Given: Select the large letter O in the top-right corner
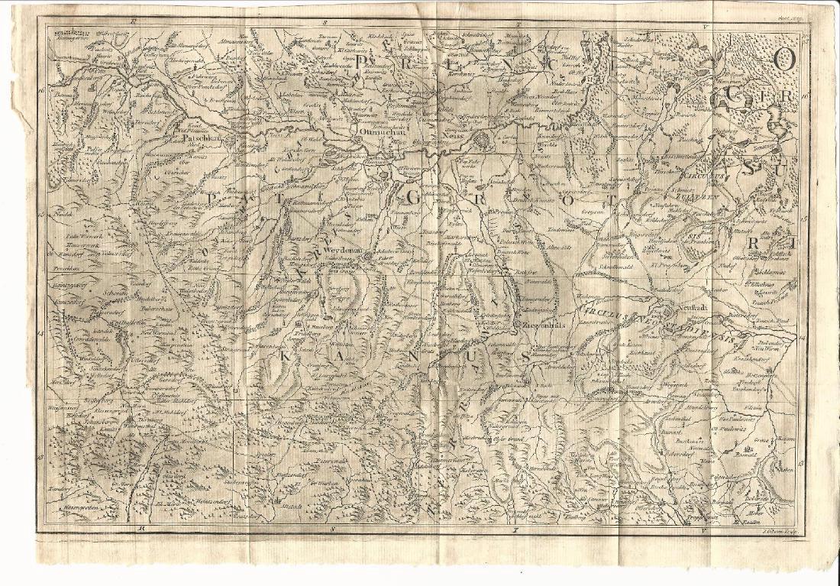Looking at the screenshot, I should [783, 60].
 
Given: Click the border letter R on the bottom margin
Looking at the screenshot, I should [141, 529].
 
